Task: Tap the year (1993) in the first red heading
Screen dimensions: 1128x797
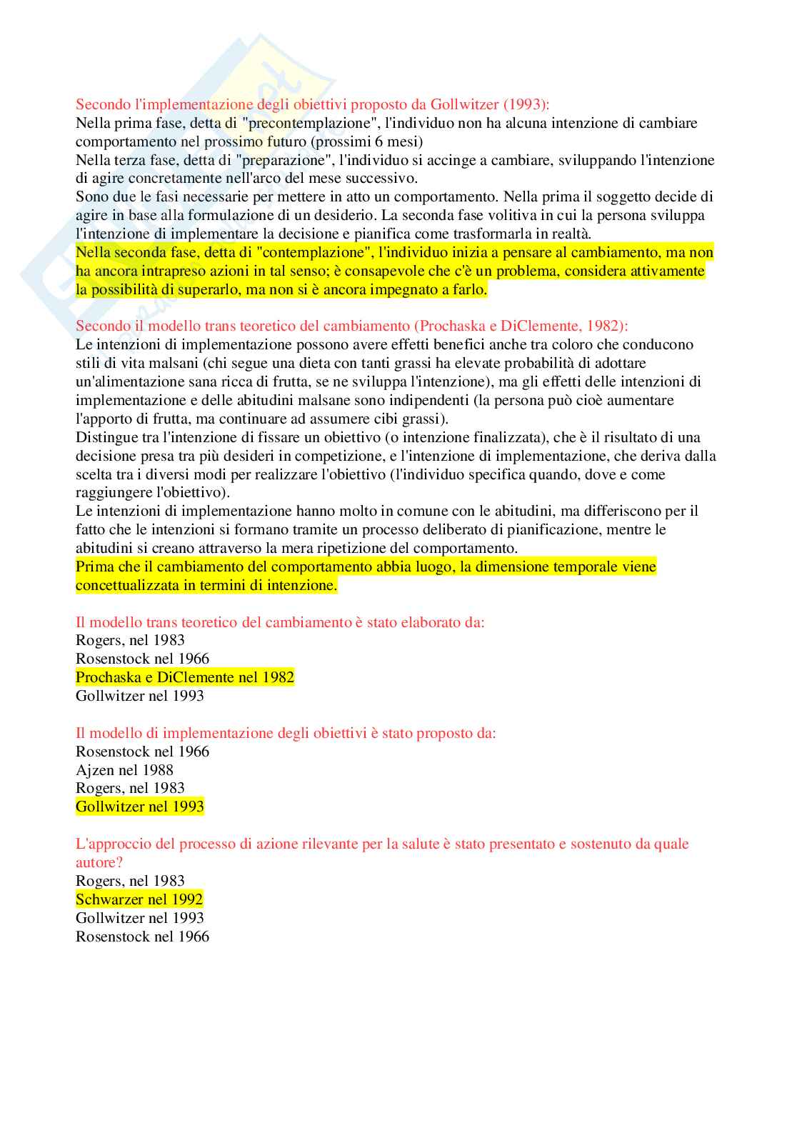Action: point(526,104)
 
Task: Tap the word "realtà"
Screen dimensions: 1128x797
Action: point(569,234)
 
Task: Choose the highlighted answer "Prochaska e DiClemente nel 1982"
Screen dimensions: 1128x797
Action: point(185,677)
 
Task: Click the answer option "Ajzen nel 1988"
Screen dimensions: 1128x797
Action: point(124,770)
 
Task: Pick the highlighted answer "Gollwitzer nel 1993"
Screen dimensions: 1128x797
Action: point(140,807)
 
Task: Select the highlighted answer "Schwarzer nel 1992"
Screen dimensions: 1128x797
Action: point(139,899)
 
